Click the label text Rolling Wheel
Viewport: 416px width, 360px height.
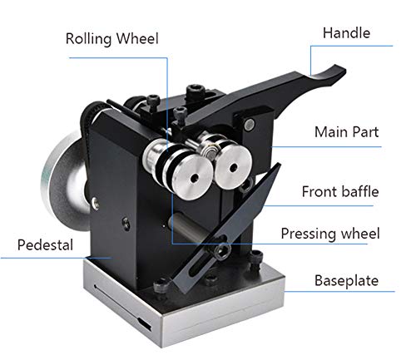[112, 38]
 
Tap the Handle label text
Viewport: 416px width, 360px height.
[346, 32]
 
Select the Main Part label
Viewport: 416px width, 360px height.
[346, 131]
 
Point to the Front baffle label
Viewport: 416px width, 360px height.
[340, 191]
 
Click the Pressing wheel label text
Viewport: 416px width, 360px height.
[330, 234]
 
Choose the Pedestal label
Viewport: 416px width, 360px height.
[45, 245]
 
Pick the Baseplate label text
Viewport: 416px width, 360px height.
[346, 280]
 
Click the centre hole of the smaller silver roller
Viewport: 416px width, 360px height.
[233, 167]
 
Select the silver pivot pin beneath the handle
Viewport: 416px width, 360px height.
[250, 124]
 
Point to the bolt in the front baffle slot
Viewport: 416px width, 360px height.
[222, 250]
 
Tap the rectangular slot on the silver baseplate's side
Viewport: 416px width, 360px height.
[145, 324]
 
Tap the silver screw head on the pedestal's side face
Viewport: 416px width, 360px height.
[95, 203]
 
